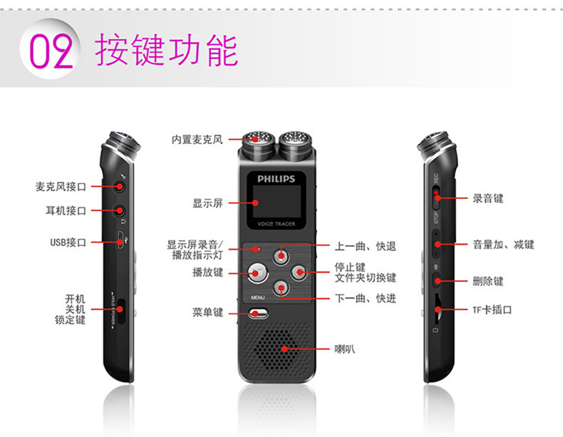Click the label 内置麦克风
197,140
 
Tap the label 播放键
207,272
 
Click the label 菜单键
207,312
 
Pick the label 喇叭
345,349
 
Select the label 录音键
488,198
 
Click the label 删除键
488,281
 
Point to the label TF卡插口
492,310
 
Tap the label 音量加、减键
503,245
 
